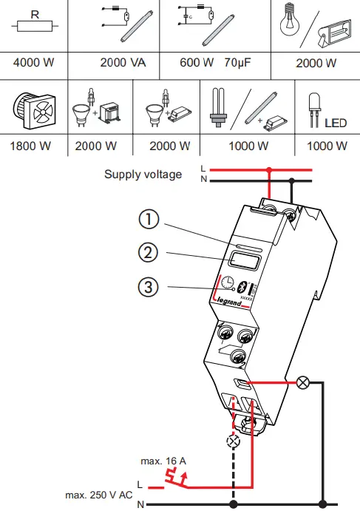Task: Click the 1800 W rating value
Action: click(30, 145)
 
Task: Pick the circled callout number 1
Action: click(149, 220)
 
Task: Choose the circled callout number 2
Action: click(149, 252)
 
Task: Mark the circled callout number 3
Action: click(149, 287)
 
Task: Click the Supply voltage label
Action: click(142, 175)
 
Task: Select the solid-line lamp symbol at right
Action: click(302, 382)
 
